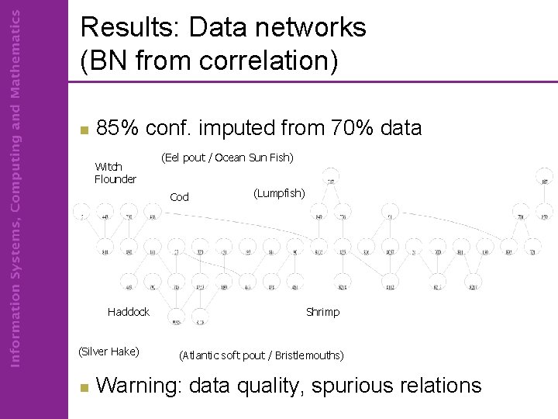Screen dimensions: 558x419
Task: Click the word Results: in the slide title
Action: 126,28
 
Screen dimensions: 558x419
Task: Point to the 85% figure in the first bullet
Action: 117,128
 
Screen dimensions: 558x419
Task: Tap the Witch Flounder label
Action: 115,173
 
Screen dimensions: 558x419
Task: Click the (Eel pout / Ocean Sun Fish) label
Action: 226,158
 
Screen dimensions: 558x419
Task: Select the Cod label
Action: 179,197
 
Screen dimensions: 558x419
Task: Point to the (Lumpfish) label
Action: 279,192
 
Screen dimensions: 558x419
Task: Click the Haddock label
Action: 129,312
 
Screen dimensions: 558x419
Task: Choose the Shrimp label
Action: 322,312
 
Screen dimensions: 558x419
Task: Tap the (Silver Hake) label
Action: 108,351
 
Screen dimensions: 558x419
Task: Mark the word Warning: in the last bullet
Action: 139,385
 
